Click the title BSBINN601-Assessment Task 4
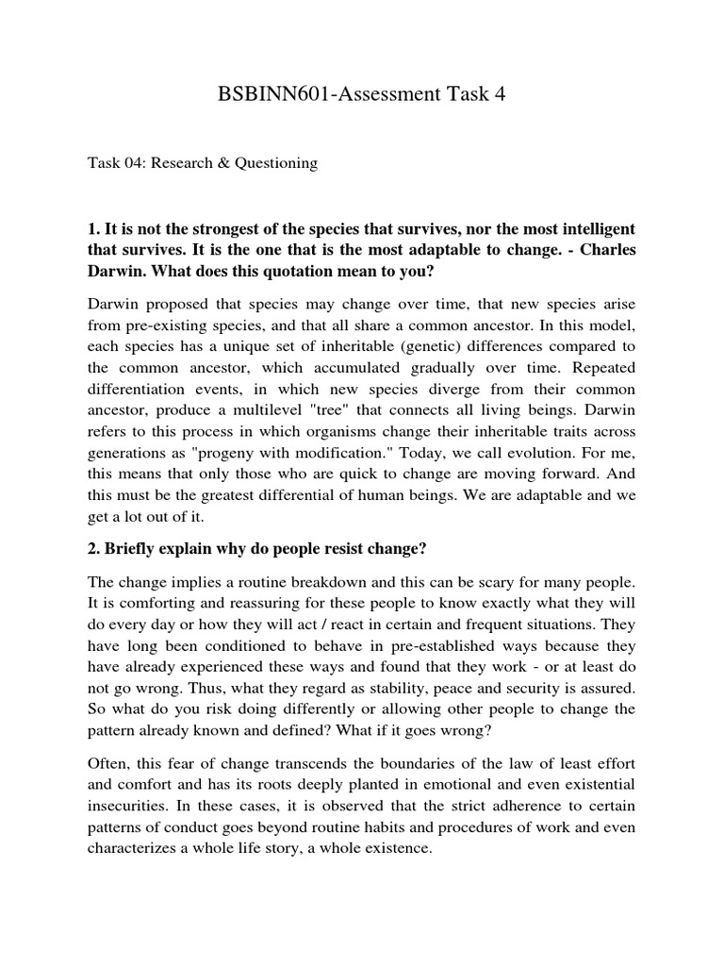point(362,94)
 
